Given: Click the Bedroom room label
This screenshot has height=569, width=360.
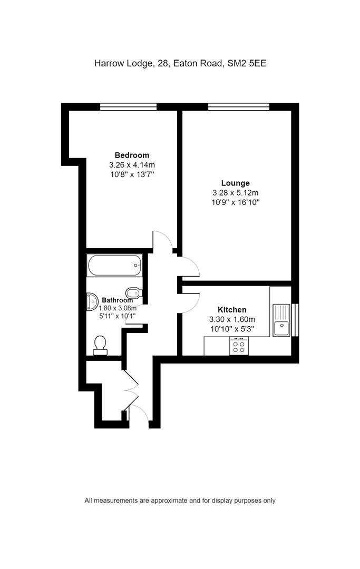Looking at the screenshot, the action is click(x=132, y=155).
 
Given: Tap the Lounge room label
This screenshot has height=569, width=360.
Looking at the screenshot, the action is click(x=236, y=183).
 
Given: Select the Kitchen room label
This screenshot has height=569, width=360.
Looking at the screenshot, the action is click(x=232, y=310).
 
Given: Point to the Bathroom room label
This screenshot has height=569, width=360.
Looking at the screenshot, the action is click(x=117, y=300).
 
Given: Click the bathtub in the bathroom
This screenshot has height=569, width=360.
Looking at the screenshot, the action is click(x=114, y=265).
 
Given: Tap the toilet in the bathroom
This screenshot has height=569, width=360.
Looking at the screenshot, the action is click(x=100, y=345).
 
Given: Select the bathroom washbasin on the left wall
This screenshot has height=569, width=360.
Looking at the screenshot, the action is click(x=93, y=302).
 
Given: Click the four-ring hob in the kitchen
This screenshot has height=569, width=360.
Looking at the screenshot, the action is click(x=239, y=346).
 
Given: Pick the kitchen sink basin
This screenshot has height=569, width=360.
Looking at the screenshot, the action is click(x=281, y=329).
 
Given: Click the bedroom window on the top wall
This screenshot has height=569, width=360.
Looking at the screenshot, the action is click(x=129, y=106).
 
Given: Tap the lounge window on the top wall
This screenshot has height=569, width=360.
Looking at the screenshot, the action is click(x=239, y=106).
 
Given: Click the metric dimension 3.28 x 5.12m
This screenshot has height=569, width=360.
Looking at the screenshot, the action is click(x=236, y=193).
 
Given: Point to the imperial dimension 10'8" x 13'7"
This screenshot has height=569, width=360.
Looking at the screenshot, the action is click(x=132, y=174).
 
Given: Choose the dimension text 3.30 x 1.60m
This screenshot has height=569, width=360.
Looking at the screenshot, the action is click(x=232, y=319).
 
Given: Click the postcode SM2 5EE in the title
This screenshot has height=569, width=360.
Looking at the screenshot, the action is click(x=247, y=64).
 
